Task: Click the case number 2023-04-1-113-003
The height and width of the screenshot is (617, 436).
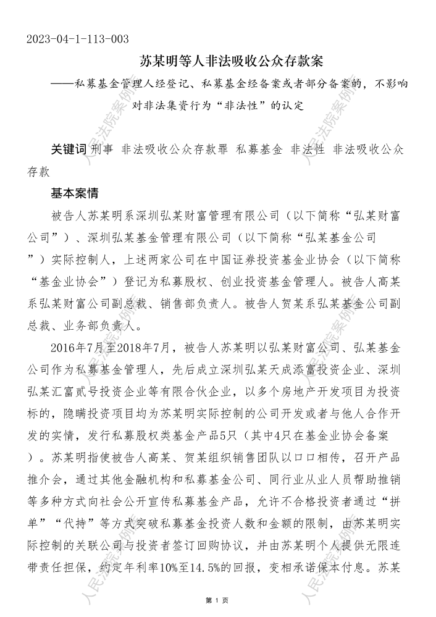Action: coord(78,40)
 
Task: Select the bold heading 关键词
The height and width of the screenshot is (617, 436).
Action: coord(68,149)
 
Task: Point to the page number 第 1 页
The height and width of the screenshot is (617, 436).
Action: coord(217,600)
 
